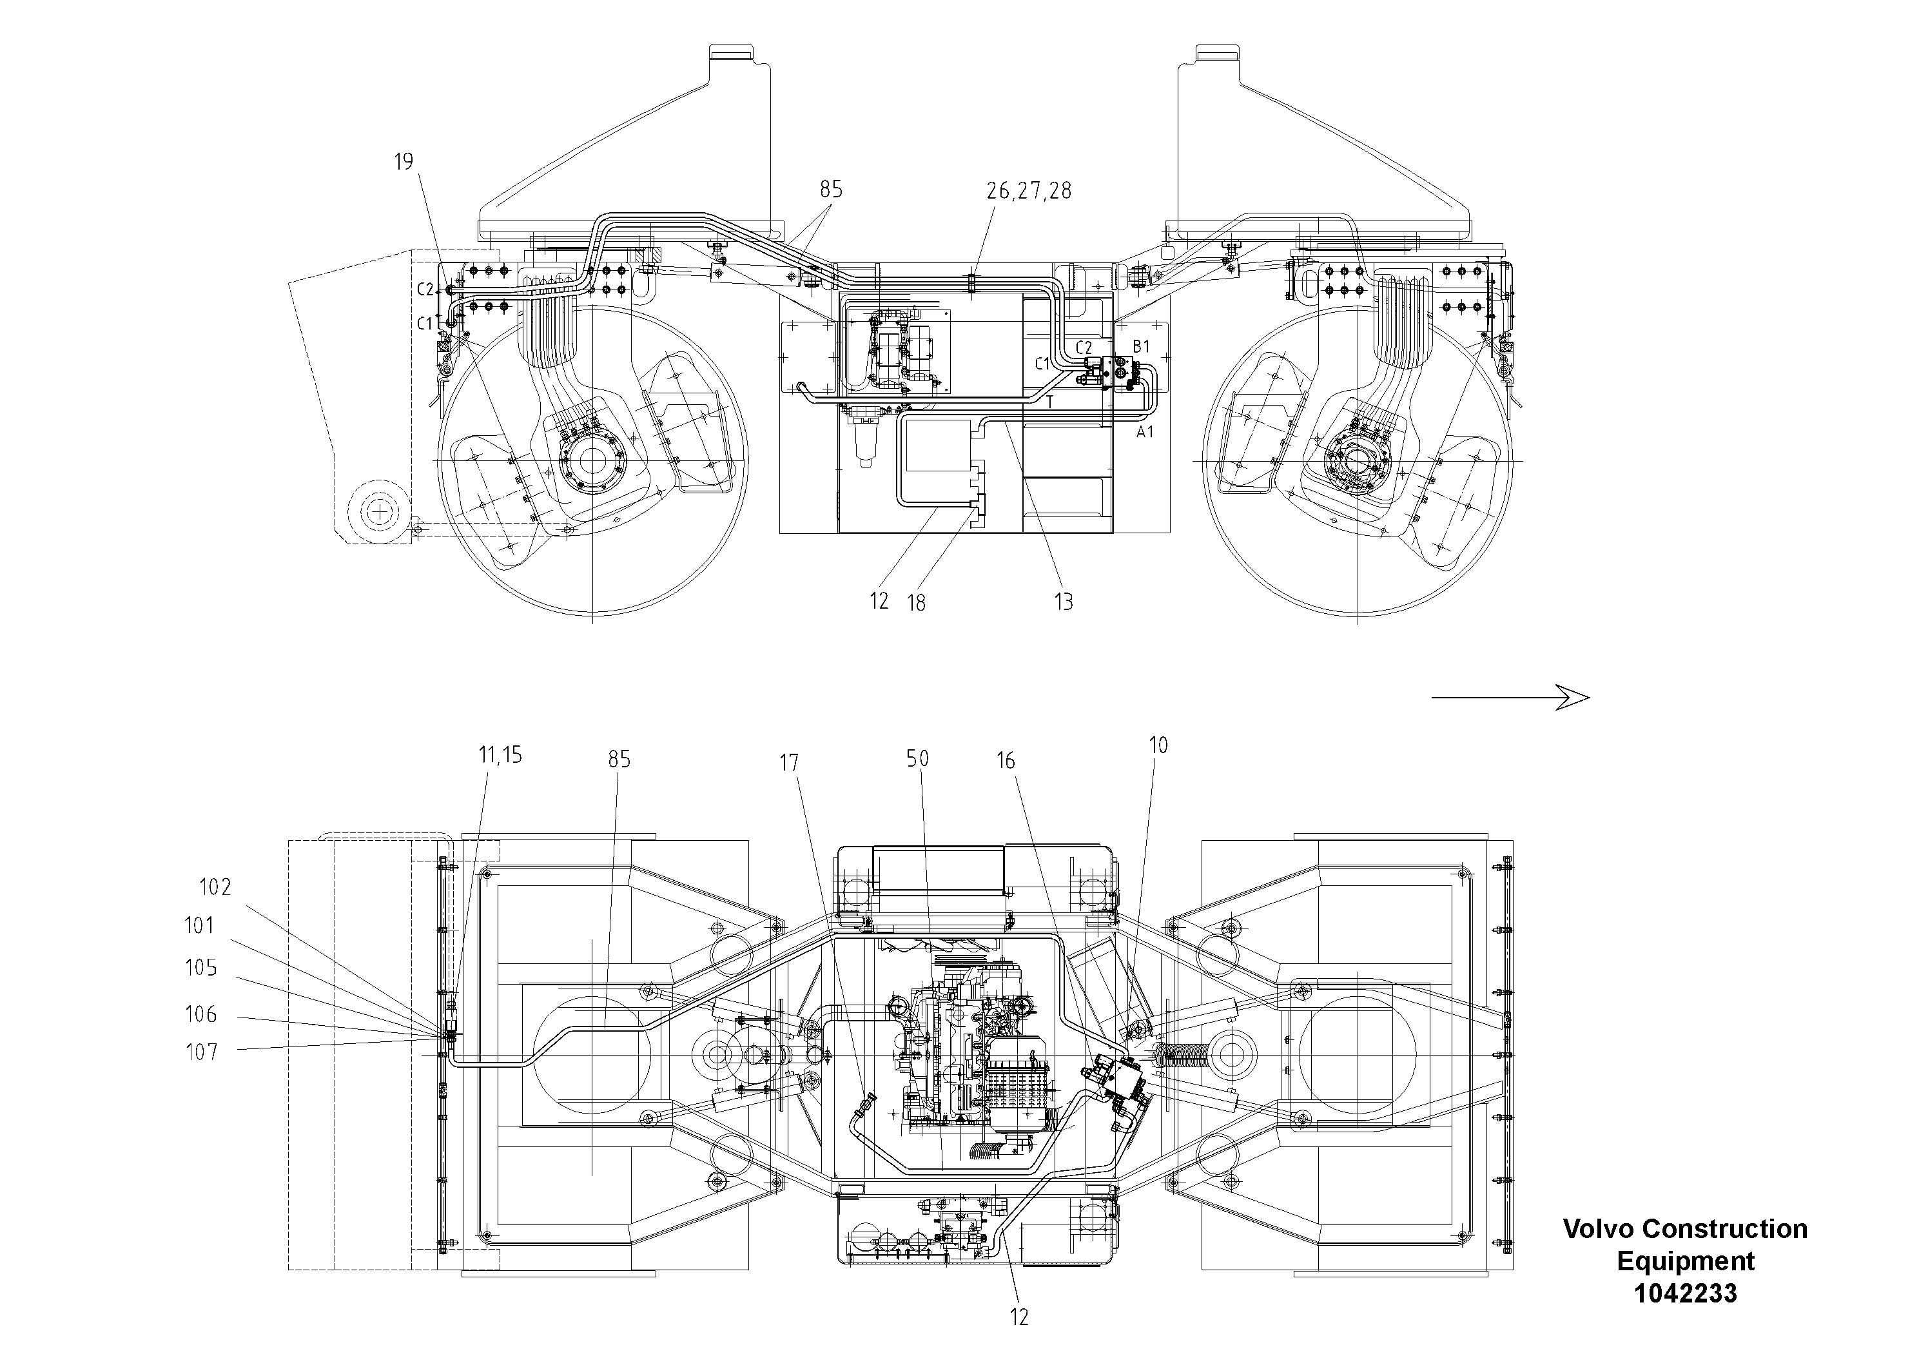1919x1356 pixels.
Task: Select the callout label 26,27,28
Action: pyautogui.click(x=1028, y=192)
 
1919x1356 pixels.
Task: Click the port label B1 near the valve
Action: pyautogui.click(x=1141, y=346)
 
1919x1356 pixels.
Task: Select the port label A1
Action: pyautogui.click(x=1144, y=432)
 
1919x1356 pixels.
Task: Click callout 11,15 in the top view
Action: pyautogui.click(x=499, y=756)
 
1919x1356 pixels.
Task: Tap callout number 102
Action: pyautogui.click(x=215, y=887)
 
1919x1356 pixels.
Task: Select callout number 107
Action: pyautogui.click(x=201, y=1052)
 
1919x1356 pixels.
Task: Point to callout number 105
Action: pyautogui.click(x=200, y=968)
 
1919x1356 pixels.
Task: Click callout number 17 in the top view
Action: pyautogui.click(x=789, y=762)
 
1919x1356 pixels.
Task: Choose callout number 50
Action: pyautogui.click(x=917, y=759)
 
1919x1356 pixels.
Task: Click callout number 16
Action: pyautogui.click(x=1006, y=761)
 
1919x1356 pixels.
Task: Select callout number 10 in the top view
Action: pyautogui.click(x=1158, y=745)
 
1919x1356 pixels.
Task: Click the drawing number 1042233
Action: pyautogui.click(x=1685, y=1293)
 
